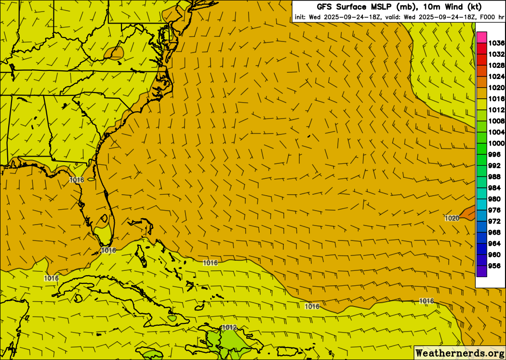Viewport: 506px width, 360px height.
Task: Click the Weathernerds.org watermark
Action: pos(459,353)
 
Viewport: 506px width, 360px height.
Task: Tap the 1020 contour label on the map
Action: pos(452,218)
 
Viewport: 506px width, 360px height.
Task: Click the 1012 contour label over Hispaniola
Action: pos(229,328)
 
